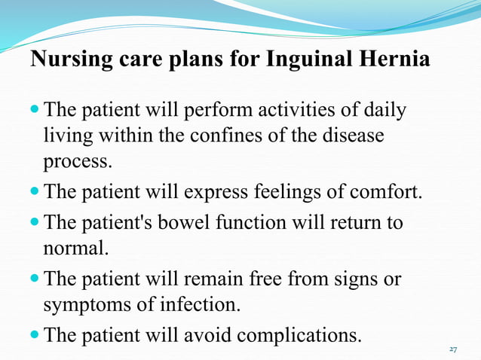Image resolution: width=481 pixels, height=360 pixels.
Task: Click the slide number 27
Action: tap(453, 349)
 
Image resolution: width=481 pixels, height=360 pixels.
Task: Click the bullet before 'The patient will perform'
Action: tap(37, 112)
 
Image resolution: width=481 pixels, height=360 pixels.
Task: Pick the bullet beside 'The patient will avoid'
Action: tap(37, 334)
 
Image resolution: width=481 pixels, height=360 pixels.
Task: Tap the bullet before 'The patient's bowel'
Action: tap(37, 224)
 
